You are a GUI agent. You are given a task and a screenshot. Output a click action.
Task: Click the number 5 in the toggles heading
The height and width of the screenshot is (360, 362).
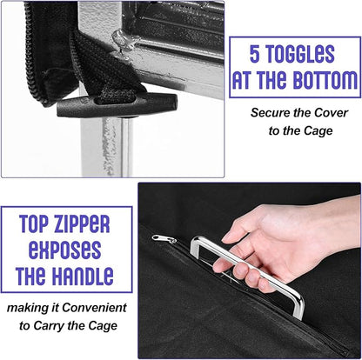point(254,54)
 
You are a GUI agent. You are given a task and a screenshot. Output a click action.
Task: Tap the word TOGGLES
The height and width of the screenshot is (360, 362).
point(300,54)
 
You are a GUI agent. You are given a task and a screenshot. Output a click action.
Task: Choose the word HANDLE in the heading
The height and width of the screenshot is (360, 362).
point(84,275)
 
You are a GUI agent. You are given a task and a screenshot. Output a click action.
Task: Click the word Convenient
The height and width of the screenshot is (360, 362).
point(94,308)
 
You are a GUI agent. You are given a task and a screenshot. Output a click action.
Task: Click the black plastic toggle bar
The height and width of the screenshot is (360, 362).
point(117,105)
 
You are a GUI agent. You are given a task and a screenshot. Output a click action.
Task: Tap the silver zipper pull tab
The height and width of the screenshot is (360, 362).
point(164,239)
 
